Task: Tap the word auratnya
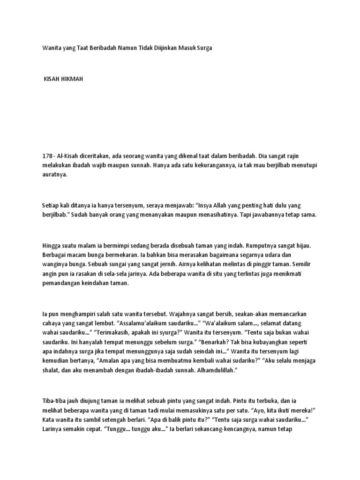[x=55, y=175]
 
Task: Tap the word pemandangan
[x=63, y=284]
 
